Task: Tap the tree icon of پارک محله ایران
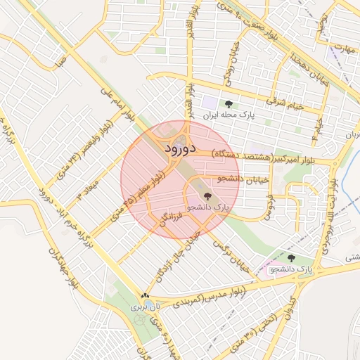pyautogui.click(x=228, y=105)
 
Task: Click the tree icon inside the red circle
pyautogui.click(x=207, y=196)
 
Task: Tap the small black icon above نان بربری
pyautogui.click(x=146, y=296)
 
